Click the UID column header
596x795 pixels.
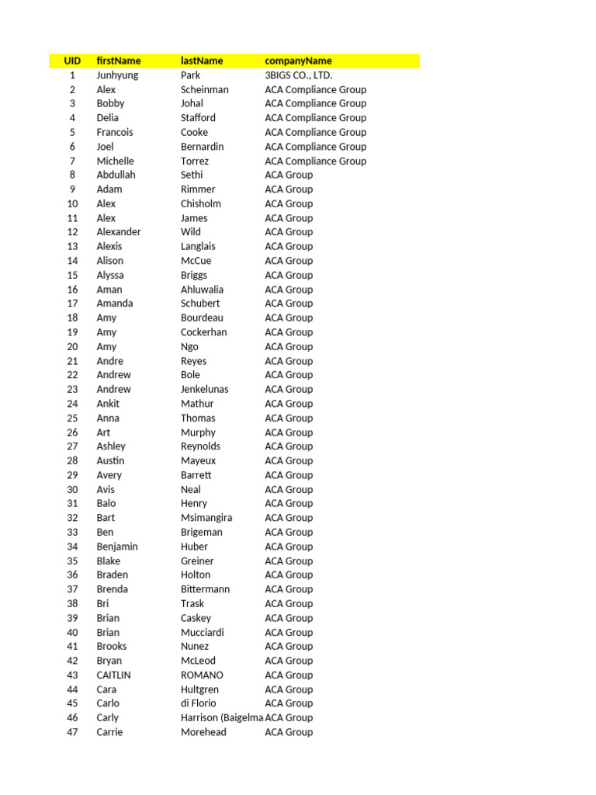pyautogui.click(x=72, y=61)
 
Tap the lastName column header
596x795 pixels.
pyautogui.click(x=202, y=61)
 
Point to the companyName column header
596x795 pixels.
pyautogui.click(x=298, y=61)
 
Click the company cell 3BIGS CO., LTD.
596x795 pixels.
pyautogui.click(x=298, y=75)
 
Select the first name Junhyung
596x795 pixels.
pyautogui.click(x=118, y=75)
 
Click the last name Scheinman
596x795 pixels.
pyautogui.click(x=205, y=89)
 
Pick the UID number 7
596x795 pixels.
pyautogui.click(x=72, y=161)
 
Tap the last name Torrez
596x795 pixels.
pyautogui.click(x=195, y=161)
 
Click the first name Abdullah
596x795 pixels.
pyautogui.click(x=116, y=175)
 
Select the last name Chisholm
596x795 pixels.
pyautogui.click(x=201, y=203)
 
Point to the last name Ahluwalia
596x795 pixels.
pyautogui.click(x=202, y=290)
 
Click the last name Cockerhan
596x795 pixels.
pyautogui.click(x=204, y=332)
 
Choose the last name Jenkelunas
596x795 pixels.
pyautogui.click(x=205, y=389)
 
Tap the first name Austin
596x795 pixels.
pyautogui.click(x=111, y=460)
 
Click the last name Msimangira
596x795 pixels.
pyautogui.click(x=206, y=518)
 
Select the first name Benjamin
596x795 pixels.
pyautogui.click(x=117, y=547)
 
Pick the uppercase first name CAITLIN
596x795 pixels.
pyautogui.click(x=114, y=675)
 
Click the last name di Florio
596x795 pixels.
pyautogui.click(x=199, y=703)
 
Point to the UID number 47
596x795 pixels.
pyautogui.click(x=72, y=732)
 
